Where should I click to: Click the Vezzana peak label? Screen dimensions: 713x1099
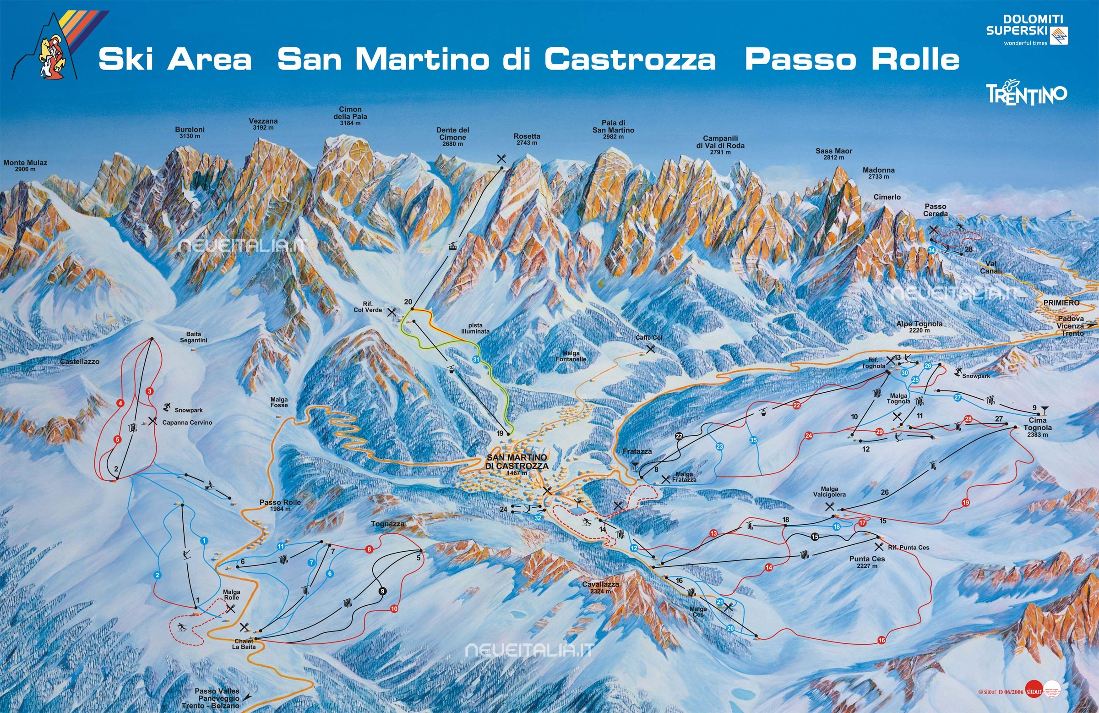tap(263, 124)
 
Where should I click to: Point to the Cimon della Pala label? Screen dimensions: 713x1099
tap(350, 116)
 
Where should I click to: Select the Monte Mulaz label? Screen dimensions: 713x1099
tap(25, 166)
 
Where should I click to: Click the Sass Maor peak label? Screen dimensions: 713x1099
tap(833, 154)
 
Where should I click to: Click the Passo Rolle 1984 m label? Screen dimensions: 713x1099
tap(280, 505)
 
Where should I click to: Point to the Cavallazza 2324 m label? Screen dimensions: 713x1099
tap(600, 588)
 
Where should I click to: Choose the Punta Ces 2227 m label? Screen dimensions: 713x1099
tap(867, 562)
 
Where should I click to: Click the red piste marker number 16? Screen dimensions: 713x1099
tap(882, 640)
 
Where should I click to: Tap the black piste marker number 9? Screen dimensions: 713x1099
tap(382, 591)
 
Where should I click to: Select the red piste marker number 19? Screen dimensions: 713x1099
tap(966, 502)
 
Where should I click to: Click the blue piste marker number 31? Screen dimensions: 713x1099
tap(477, 359)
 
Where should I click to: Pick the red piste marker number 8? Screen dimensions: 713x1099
tap(369, 549)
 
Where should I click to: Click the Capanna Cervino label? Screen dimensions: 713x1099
tap(187, 422)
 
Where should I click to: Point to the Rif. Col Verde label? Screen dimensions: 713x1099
tap(368, 307)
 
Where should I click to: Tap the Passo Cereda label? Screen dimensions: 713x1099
tap(935, 210)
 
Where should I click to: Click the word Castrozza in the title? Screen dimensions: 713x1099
tap(630, 60)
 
